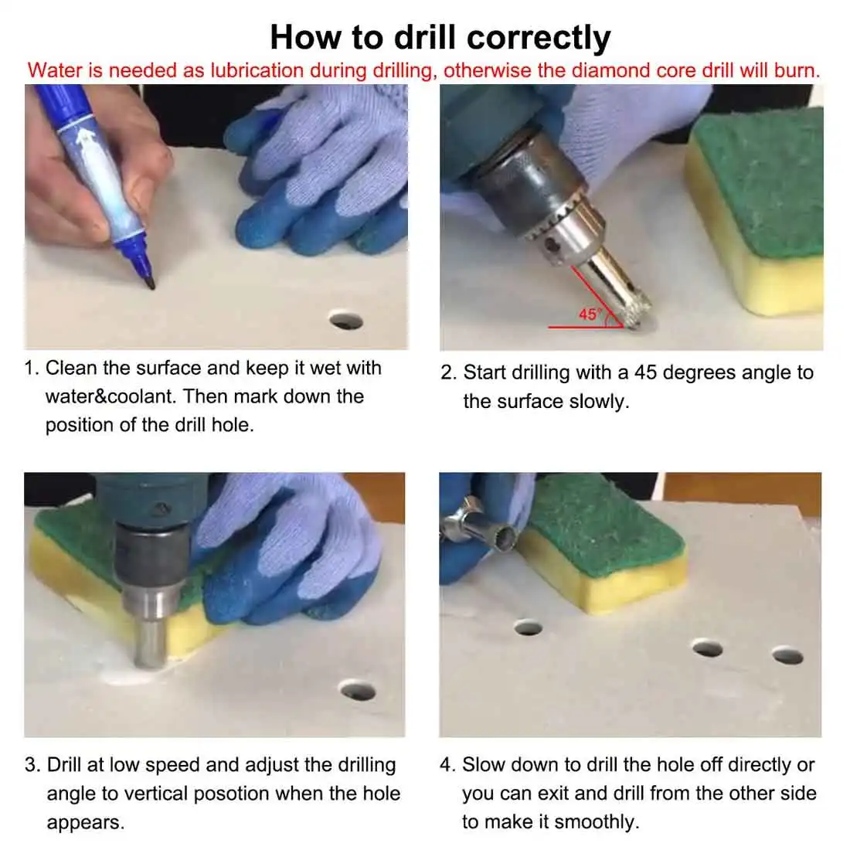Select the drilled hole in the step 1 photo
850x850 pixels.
tap(346, 320)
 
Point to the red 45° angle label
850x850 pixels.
tap(590, 314)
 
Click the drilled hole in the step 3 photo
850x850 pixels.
tap(357, 691)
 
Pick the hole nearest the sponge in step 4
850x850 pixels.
tap(528, 627)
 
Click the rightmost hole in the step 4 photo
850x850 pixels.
tap(787, 655)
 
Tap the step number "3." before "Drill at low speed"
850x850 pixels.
tap(32, 765)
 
